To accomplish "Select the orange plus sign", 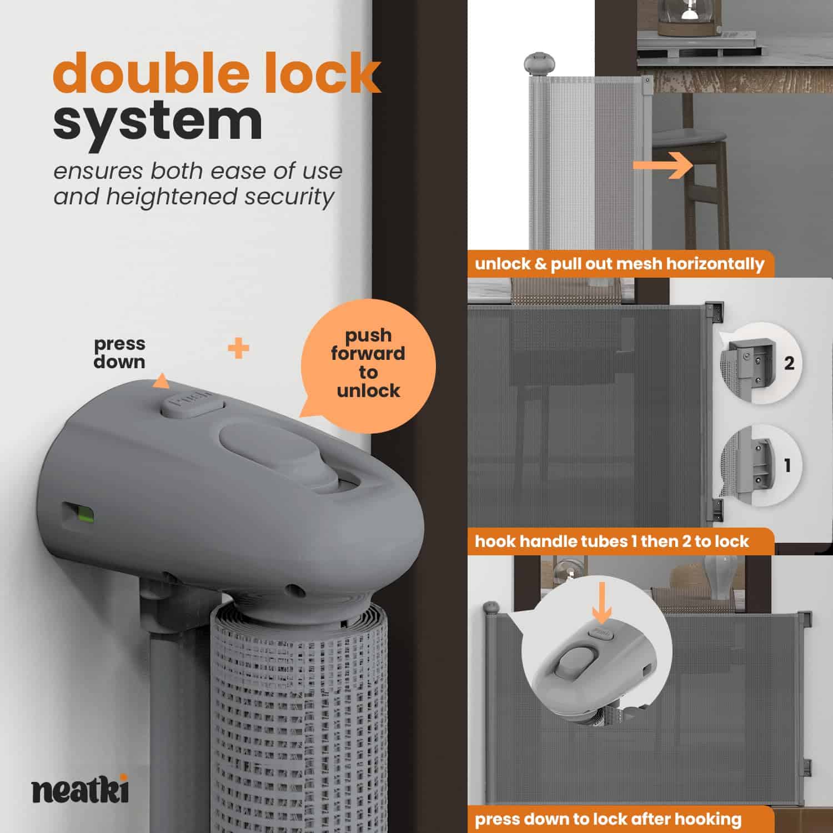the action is (x=238, y=349).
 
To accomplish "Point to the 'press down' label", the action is (x=119, y=353).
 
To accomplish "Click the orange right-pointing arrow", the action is (x=663, y=164).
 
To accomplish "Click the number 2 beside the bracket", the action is (x=789, y=363).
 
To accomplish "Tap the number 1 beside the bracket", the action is (x=787, y=465).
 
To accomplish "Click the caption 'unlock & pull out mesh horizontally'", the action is (x=620, y=264).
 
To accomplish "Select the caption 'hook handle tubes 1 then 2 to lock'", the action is (x=612, y=541).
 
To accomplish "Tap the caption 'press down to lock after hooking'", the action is (x=608, y=819).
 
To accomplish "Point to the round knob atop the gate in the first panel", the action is (x=536, y=62).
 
